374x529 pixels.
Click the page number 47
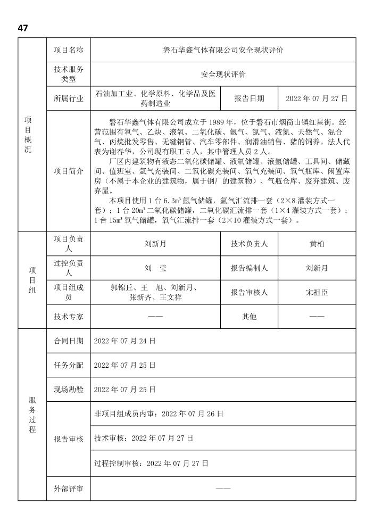point(22,28)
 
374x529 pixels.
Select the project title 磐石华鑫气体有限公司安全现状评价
point(223,51)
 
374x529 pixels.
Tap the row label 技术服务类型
point(68,75)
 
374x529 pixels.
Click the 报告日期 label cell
point(249,98)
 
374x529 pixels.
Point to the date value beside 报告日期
point(317,98)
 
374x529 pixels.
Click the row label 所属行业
point(68,98)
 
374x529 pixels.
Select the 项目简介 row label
point(68,171)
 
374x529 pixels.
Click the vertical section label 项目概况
point(28,135)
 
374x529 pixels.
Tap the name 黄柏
point(317,244)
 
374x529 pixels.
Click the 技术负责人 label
point(249,244)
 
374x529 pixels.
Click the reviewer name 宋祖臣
point(317,292)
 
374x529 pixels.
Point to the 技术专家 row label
point(68,317)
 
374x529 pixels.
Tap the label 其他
point(249,317)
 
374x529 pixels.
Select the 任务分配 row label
point(68,366)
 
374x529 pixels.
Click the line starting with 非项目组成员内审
point(158,414)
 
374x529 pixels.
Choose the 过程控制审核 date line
point(151,464)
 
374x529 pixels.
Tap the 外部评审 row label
point(68,489)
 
